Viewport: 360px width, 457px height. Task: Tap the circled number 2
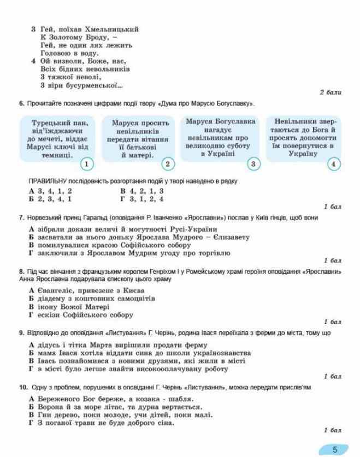168,163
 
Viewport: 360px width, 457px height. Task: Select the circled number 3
252,163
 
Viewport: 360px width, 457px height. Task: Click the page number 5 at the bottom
335,449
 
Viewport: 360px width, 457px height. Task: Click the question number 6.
21,104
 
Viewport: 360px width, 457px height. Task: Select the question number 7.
21,218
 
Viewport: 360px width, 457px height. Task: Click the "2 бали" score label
330,92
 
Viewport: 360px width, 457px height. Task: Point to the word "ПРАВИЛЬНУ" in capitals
46,181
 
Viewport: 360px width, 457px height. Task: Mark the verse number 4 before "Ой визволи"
33,61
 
